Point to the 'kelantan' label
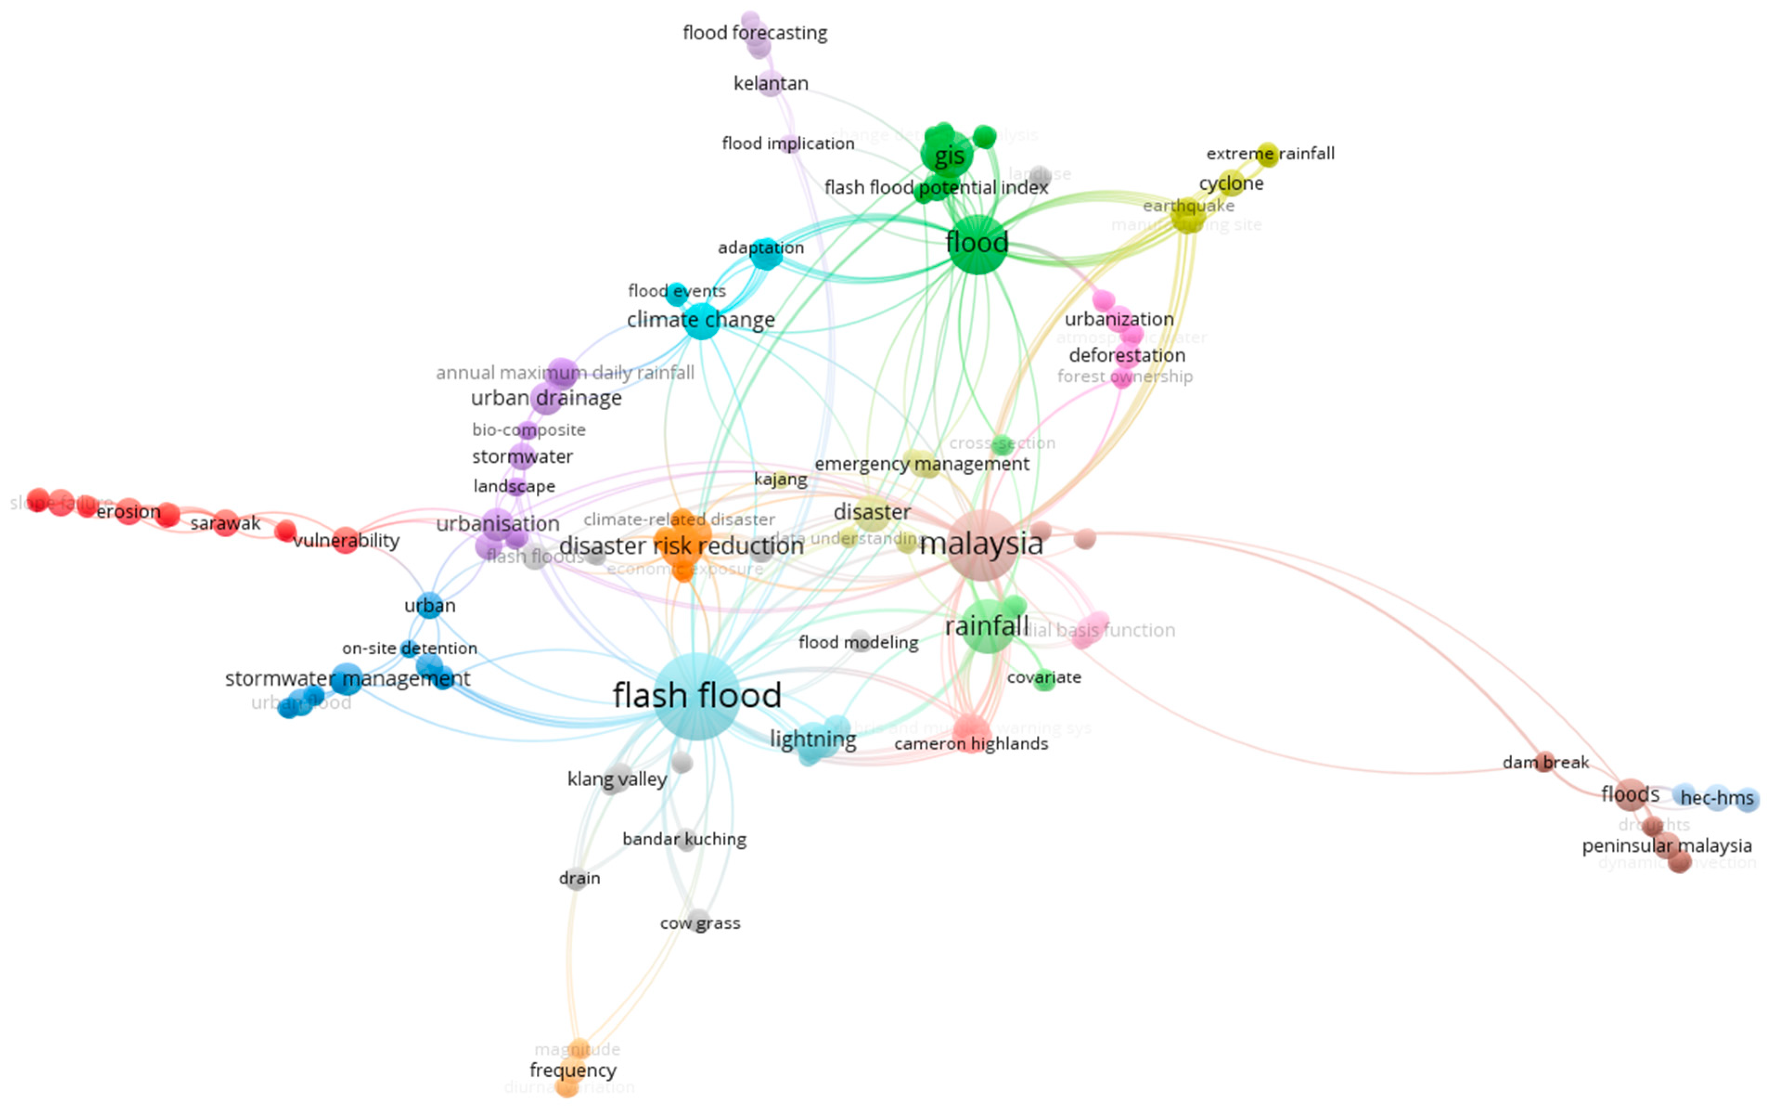771,84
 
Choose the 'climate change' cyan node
702,321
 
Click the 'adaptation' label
760,248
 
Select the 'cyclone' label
1231,183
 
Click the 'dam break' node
1545,761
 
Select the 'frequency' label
572,1070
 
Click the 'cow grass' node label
700,923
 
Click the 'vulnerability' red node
345,540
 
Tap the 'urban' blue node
430,605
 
